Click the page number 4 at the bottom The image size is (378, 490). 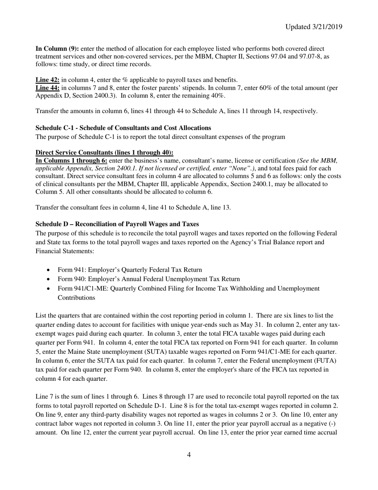point(189,455)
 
